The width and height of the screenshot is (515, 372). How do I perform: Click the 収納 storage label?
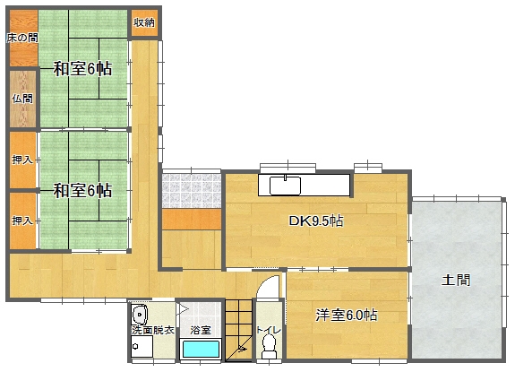point(144,22)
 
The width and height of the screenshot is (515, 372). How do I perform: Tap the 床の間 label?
point(22,38)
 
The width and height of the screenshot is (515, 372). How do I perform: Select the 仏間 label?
point(22,99)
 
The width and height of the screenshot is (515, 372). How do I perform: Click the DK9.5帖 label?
point(316,221)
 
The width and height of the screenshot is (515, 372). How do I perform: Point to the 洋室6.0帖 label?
point(347,316)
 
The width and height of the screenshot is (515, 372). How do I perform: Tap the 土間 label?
point(456,280)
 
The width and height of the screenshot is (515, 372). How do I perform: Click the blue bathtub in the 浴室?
point(201,349)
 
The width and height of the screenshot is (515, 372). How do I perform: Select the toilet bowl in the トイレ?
point(270,347)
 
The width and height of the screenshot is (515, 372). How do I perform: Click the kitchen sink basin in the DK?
point(285,186)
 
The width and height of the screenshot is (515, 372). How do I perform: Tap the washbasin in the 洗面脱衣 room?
point(140,314)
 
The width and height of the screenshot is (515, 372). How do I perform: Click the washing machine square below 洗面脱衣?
point(142,346)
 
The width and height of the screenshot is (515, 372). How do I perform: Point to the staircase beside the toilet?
point(238,330)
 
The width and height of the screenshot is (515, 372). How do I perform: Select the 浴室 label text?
point(201,330)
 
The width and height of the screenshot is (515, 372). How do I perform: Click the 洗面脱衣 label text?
point(153,330)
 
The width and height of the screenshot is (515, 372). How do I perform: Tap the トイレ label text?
point(269,330)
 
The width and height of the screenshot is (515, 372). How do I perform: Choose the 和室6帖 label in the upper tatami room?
point(82,69)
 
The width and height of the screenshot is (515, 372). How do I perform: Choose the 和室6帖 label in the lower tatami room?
point(82,190)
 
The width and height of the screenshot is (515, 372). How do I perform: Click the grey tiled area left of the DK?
point(192,191)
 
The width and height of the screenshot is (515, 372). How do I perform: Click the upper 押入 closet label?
point(22,160)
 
